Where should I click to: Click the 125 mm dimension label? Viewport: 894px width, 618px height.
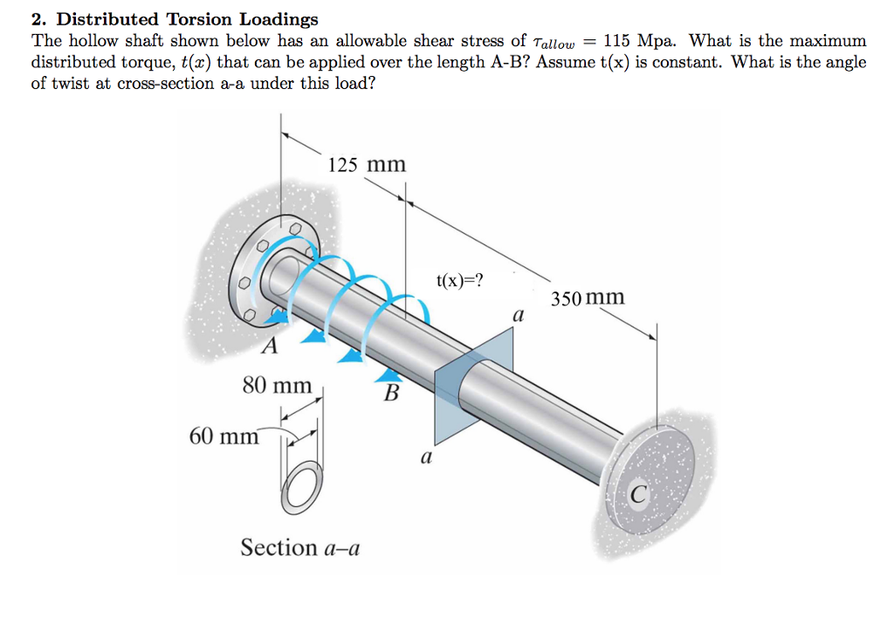pyautogui.click(x=367, y=164)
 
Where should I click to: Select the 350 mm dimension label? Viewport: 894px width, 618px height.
pyautogui.click(x=588, y=298)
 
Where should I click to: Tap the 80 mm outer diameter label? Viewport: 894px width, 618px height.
pyautogui.click(x=277, y=384)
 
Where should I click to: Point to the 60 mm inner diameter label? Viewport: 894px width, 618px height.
pyautogui.click(x=223, y=435)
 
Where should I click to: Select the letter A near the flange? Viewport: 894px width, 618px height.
pyautogui.click(x=270, y=347)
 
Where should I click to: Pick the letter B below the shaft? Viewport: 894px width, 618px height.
pyautogui.click(x=390, y=395)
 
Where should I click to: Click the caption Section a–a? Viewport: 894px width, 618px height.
pyautogui.click(x=299, y=548)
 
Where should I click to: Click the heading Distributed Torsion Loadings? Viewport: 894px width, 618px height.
pyautogui.click(x=187, y=19)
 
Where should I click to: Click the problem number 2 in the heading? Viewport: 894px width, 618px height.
pyautogui.click(x=37, y=19)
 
